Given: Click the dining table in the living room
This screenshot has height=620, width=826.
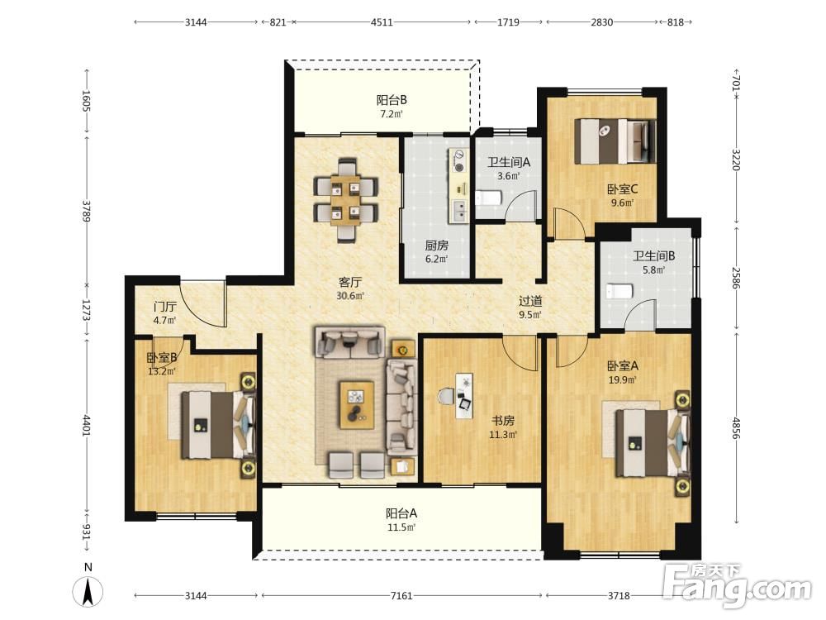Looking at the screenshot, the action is (x=346, y=201).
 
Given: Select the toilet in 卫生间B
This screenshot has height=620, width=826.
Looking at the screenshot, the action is (x=619, y=291).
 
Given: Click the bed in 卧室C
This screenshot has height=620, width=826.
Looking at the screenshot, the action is (x=615, y=141).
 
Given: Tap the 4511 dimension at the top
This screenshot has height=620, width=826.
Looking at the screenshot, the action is (x=382, y=22).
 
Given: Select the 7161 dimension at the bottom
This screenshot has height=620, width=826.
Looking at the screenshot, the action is (x=401, y=596).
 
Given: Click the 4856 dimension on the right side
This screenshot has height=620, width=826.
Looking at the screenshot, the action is (x=737, y=428).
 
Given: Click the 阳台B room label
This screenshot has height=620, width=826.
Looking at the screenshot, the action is (x=392, y=100).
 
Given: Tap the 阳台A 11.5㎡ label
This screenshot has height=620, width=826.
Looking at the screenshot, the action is (x=401, y=520).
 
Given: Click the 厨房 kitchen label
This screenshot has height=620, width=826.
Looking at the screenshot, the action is (x=437, y=246).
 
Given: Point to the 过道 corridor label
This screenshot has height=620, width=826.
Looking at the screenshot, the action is (x=530, y=301).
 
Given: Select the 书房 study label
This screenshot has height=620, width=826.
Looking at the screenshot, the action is (x=503, y=421).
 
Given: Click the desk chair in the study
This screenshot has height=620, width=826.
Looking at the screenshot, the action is (x=446, y=395).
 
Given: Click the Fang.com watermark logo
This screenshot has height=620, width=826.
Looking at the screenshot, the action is (x=737, y=584).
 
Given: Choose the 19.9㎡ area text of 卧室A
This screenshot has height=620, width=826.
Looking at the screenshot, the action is (x=622, y=379).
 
